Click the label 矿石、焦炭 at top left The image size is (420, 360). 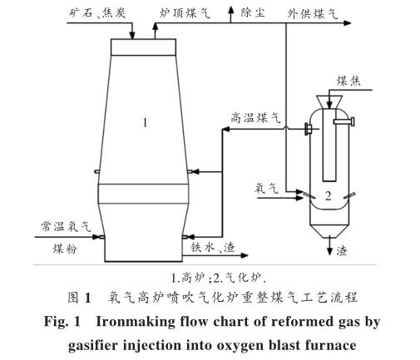point(97,12)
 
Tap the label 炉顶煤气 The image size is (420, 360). point(185,13)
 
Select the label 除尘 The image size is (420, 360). point(253,12)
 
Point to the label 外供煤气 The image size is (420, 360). point(313,13)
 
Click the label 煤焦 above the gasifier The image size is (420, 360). point(348,81)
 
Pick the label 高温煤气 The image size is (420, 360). point(255,118)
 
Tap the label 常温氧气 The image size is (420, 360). point(66,226)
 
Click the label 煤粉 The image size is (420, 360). point(65,249)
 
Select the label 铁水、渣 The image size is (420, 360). point(213,247)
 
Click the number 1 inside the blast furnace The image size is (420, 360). point(145,122)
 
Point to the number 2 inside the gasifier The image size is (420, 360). point(329,196)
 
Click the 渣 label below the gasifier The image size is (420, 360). point(342,251)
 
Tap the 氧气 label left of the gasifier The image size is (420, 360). point(266,189)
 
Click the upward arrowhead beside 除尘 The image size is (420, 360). point(230,11)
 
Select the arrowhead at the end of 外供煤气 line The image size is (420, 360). point(348,23)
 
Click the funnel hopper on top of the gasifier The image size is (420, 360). point(329,102)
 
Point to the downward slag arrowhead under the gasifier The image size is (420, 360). point(329,251)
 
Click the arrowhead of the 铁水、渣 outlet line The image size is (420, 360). point(245,255)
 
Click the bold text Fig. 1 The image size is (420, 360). point(62,322)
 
